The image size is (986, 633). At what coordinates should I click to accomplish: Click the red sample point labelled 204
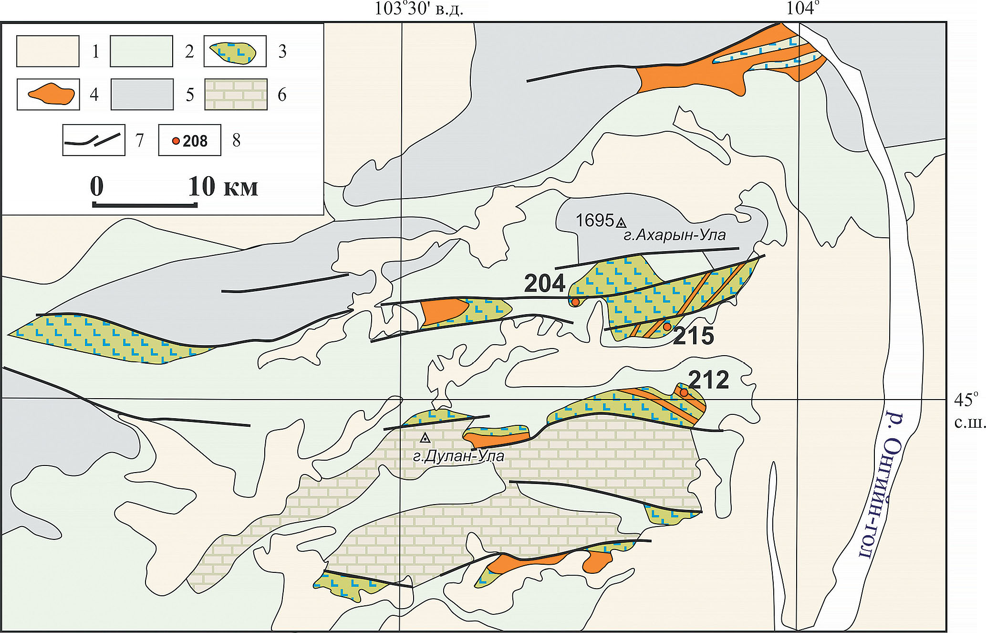tap(575, 302)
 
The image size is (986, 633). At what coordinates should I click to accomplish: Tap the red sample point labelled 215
tap(667, 327)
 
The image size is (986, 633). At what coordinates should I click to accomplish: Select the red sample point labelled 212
tap(684, 392)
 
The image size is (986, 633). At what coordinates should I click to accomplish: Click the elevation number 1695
tap(594, 221)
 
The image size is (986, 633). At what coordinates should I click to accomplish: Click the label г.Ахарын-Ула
tap(675, 235)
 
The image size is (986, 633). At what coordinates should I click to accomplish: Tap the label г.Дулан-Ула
tap(458, 456)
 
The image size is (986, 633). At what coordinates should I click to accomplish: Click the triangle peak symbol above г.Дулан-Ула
tap(425, 438)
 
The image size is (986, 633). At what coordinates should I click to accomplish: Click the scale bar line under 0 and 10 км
tap(145, 205)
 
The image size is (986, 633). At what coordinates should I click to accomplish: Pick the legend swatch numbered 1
tap(48, 51)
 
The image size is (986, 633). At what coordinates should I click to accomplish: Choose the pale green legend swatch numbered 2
tap(141, 51)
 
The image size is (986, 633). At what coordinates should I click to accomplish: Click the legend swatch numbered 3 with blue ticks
tap(235, 51)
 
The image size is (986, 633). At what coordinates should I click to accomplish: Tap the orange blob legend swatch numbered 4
tap(48, 95)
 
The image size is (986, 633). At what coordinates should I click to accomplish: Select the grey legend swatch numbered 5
tap(142, 95)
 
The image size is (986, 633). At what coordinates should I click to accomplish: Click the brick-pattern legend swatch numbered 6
tap(236, 95)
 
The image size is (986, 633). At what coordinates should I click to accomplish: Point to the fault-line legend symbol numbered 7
tap(94, 140)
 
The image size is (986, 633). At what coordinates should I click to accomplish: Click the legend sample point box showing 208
tap(190, 140)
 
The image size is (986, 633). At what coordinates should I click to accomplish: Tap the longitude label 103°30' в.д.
tap(419, 9)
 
